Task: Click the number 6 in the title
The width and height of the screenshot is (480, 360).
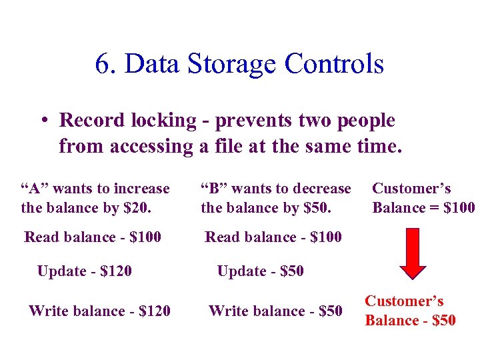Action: click(102, 64)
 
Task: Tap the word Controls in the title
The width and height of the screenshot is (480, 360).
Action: click(334, 64)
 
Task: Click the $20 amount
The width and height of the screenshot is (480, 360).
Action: click(137, 207)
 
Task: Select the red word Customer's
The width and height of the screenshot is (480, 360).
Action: click(404, 301)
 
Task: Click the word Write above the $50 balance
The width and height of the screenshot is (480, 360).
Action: click(227, 311)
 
